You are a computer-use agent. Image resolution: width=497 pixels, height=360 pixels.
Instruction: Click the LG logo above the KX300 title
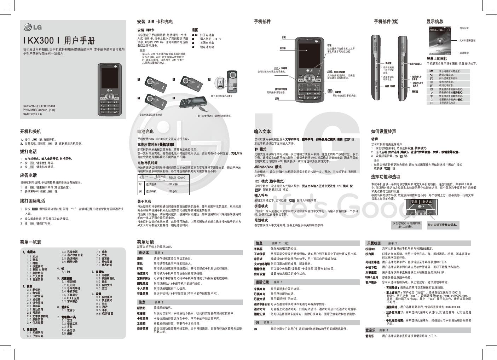[x=33, y=28]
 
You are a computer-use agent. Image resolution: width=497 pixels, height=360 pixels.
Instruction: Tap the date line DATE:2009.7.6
[x=32, y=115]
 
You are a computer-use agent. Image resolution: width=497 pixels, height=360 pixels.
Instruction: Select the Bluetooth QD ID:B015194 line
[x=39, y=106]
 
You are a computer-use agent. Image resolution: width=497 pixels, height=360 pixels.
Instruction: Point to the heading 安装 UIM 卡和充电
[x=155, y=22]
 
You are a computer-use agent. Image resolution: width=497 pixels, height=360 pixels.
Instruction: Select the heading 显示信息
[x=435, y=22]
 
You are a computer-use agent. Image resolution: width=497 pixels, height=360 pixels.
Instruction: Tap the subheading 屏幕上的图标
[x=437, y=59]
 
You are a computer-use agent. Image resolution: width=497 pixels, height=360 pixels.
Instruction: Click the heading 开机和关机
[x=30, y=132]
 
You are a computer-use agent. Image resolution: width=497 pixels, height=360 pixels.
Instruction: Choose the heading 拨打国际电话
[x=33, y=201]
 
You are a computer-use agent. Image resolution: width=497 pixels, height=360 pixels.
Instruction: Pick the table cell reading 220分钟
[x=173, y=185]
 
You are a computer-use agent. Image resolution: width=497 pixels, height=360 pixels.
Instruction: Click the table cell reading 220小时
[x=173, y=191]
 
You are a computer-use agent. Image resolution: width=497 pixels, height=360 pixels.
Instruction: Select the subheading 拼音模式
[x=261, y=206]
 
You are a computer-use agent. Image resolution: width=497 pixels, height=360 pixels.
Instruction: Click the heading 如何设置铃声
[x=383, y=132]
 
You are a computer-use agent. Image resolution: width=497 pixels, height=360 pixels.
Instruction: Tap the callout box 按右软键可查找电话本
[x=443, y=225]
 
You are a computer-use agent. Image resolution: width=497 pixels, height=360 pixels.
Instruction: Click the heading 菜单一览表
[x=30, y=242]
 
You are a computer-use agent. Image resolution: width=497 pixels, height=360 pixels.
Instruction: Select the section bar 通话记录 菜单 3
[x=269, y=282]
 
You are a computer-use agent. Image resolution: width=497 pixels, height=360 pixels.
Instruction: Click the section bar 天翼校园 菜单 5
[x=382, y=243]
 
